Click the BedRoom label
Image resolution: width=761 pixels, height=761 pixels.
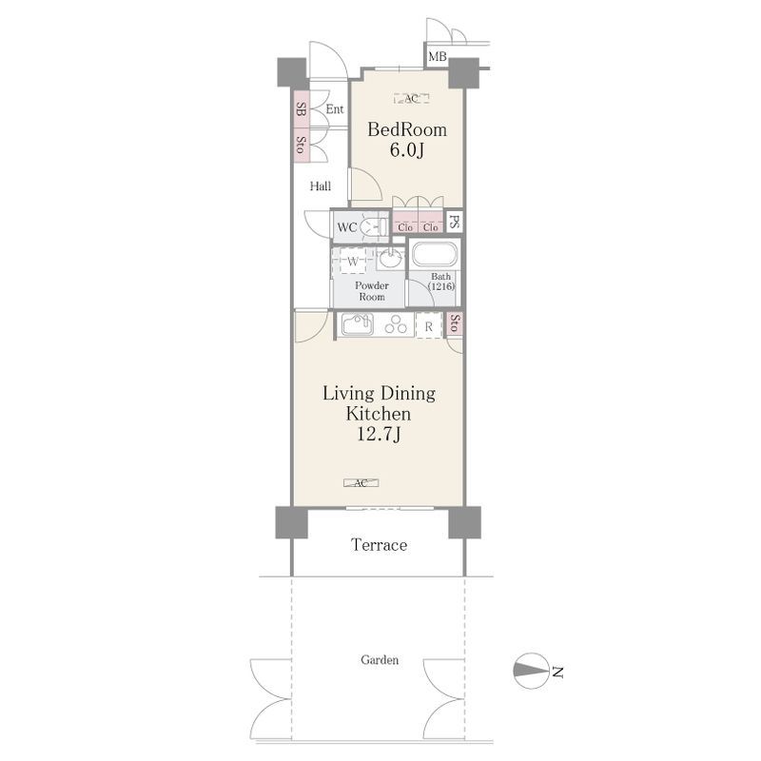(x=407, y=129)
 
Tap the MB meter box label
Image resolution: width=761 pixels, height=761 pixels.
(x=438, y=57)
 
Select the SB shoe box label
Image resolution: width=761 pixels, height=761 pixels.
(x=301, y=109)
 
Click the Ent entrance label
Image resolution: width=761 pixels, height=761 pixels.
(x=335, y=109)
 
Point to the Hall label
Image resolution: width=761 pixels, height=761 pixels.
(x=321, y=185)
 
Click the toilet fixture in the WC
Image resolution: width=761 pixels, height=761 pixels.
(x=374, y=226)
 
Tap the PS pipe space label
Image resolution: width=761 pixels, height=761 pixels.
(x=455, y=223)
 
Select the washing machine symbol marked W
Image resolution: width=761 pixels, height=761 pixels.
(x=353, y=263)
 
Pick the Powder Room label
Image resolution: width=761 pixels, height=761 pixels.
(x=372, y=291)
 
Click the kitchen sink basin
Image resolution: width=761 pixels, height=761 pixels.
(x=358, y=324)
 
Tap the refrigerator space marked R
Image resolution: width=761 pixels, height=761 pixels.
(x=429, y=326)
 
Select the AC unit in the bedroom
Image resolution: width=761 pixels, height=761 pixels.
(x=412, y=99)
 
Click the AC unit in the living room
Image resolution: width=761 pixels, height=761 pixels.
(x=361, y=483)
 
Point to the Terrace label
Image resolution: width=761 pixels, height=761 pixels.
(x=379, y=545)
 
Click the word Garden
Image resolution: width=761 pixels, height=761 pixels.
(x=380, y=659)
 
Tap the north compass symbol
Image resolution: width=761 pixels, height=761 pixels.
(x=531, y=671)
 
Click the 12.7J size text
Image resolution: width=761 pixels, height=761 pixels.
(x=379, y=434)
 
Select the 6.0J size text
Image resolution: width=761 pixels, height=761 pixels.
(x=407, y=150)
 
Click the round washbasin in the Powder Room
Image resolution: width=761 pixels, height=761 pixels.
(x=390, y=259)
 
